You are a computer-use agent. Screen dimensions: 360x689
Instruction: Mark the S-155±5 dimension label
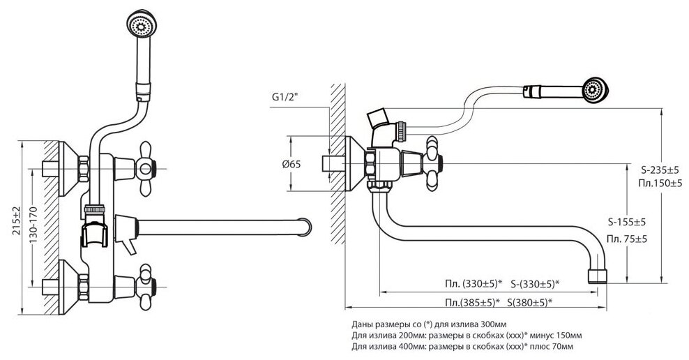625,223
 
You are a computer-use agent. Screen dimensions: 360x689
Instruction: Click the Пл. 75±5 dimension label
625,239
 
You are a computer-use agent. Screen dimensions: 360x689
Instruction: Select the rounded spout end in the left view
305,228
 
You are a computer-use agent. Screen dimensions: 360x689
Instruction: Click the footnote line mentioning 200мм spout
467,336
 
